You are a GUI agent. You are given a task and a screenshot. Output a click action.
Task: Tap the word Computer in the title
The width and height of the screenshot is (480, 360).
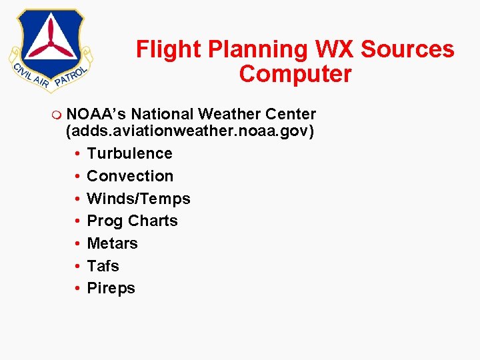tap(295, 74)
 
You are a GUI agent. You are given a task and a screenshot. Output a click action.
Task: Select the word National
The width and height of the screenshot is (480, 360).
tap(163, 114)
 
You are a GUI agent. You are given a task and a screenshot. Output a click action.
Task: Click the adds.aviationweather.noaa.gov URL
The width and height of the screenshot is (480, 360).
tap(189, 131)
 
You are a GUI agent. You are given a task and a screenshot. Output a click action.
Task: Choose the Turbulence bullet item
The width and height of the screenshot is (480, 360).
tap(129, 153)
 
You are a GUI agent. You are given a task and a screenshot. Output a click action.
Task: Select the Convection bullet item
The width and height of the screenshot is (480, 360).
tap(130, 176)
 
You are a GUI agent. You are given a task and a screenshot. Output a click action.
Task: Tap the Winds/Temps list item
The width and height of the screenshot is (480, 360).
tap(139, 199)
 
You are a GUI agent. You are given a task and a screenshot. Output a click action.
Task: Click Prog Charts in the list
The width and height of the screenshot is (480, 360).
tap(132, 221)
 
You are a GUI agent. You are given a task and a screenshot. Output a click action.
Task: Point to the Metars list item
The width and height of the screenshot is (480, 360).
tap(112, 243)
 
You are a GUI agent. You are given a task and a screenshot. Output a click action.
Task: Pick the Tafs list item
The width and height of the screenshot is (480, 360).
tap(103, 266)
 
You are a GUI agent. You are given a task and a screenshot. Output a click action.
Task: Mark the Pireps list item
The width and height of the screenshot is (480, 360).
tap(111, 288)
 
